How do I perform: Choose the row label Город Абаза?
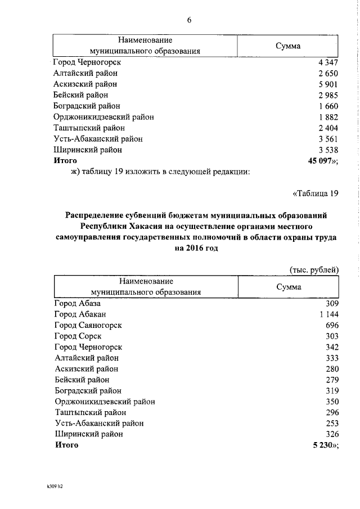(77, 303)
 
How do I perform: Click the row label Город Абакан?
(80, 314)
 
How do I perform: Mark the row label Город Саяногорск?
(88, 325)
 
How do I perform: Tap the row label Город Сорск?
(78, 336)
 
